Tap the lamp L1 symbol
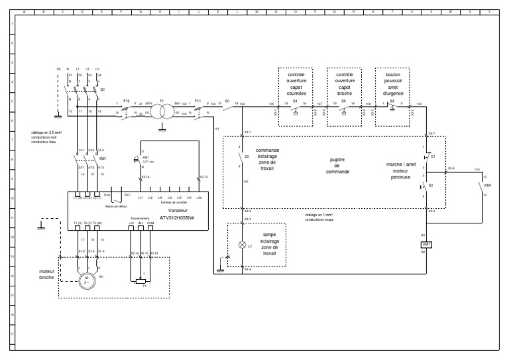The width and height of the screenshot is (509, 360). point(242,246)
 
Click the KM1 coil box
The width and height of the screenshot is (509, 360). point(427,245)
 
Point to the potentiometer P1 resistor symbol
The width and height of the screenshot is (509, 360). point(139,280)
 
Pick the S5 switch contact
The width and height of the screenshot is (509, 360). point(343,104)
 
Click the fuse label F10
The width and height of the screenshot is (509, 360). point(126,100)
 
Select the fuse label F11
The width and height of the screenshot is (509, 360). point(198,100)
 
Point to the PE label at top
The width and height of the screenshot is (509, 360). point(59,69)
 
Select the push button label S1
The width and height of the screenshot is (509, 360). point(432,156)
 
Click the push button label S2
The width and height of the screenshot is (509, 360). point(431,186)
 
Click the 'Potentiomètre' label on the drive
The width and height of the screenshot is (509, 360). point(139,217)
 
